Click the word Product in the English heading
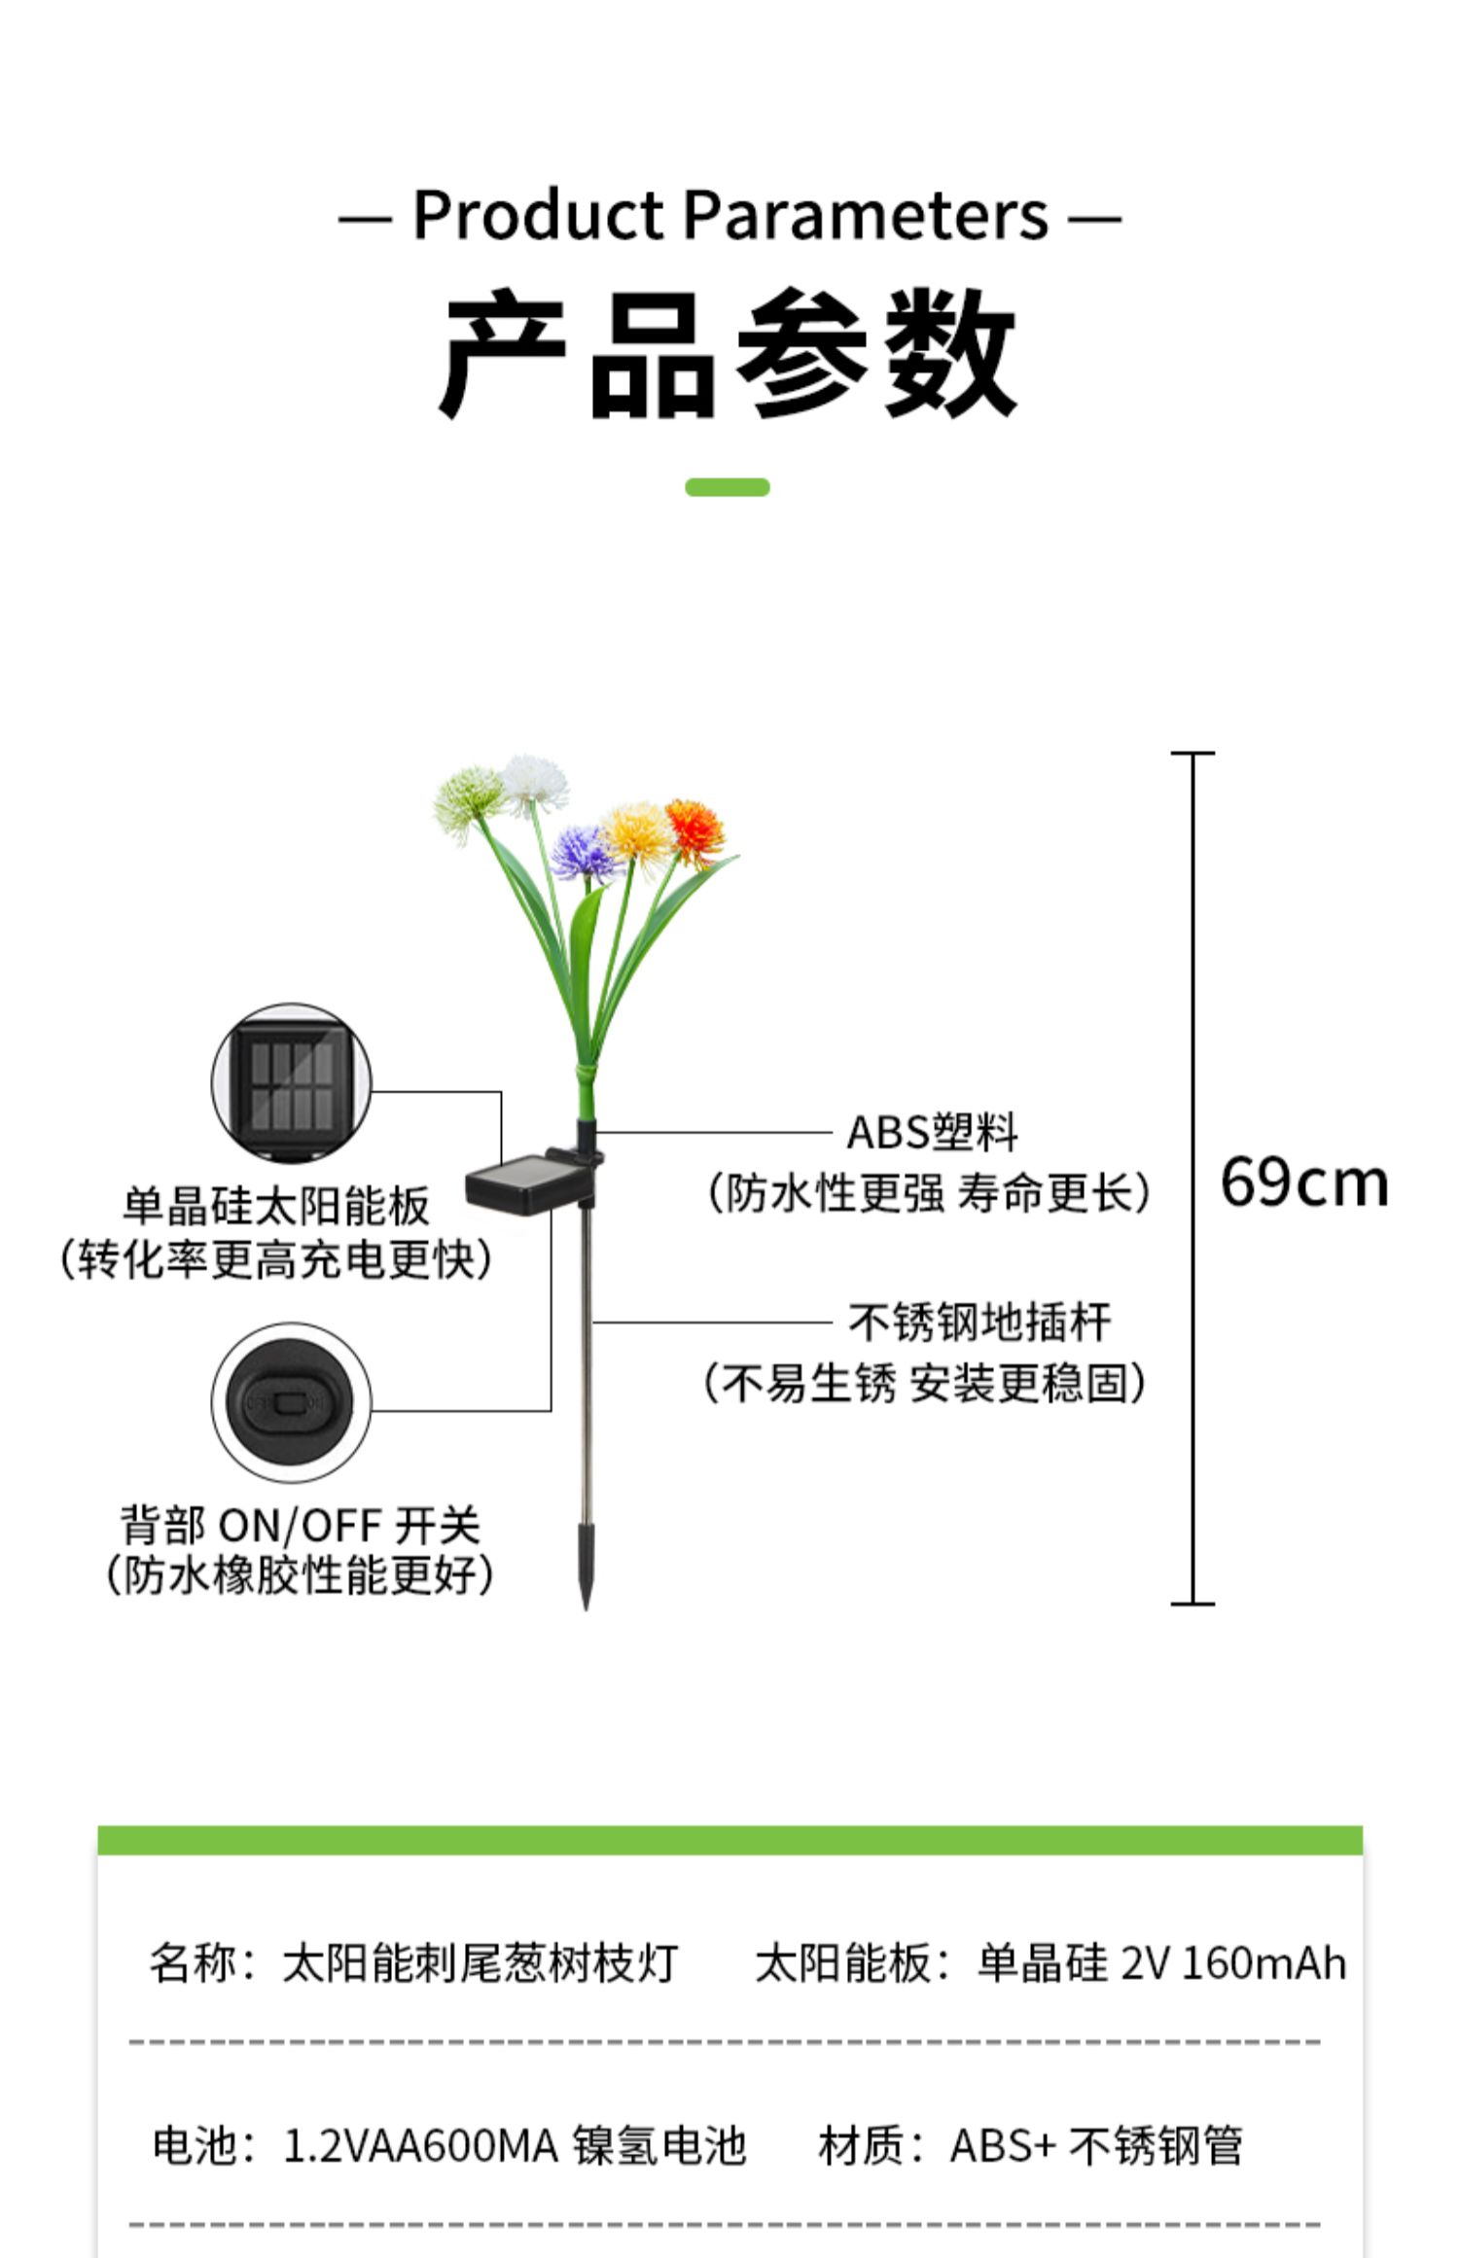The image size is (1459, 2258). click(x=538, y=215)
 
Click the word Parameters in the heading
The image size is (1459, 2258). click(x=866, y=215)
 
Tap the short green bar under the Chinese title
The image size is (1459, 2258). click(x=727, y=487)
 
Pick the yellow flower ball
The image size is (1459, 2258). click(x=637, y=832)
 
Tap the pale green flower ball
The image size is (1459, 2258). click(x=469, y=798)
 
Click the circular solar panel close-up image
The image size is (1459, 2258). click(x=291, y=1082)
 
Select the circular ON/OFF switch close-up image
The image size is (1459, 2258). click(x=291, y=1401)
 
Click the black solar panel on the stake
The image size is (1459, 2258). click(x=513, y=1185)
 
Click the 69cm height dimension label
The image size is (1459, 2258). click(x=1303, y=1182)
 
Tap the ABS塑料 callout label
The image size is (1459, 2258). click(x=932, y=1132)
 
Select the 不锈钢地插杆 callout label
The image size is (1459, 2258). click(x=979, y=1323)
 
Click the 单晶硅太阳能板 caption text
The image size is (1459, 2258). click(x=275, y=1206)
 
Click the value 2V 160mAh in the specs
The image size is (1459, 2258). click(x=1233, y=1962)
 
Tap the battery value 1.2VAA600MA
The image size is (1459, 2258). click(x=420, y=2146)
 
